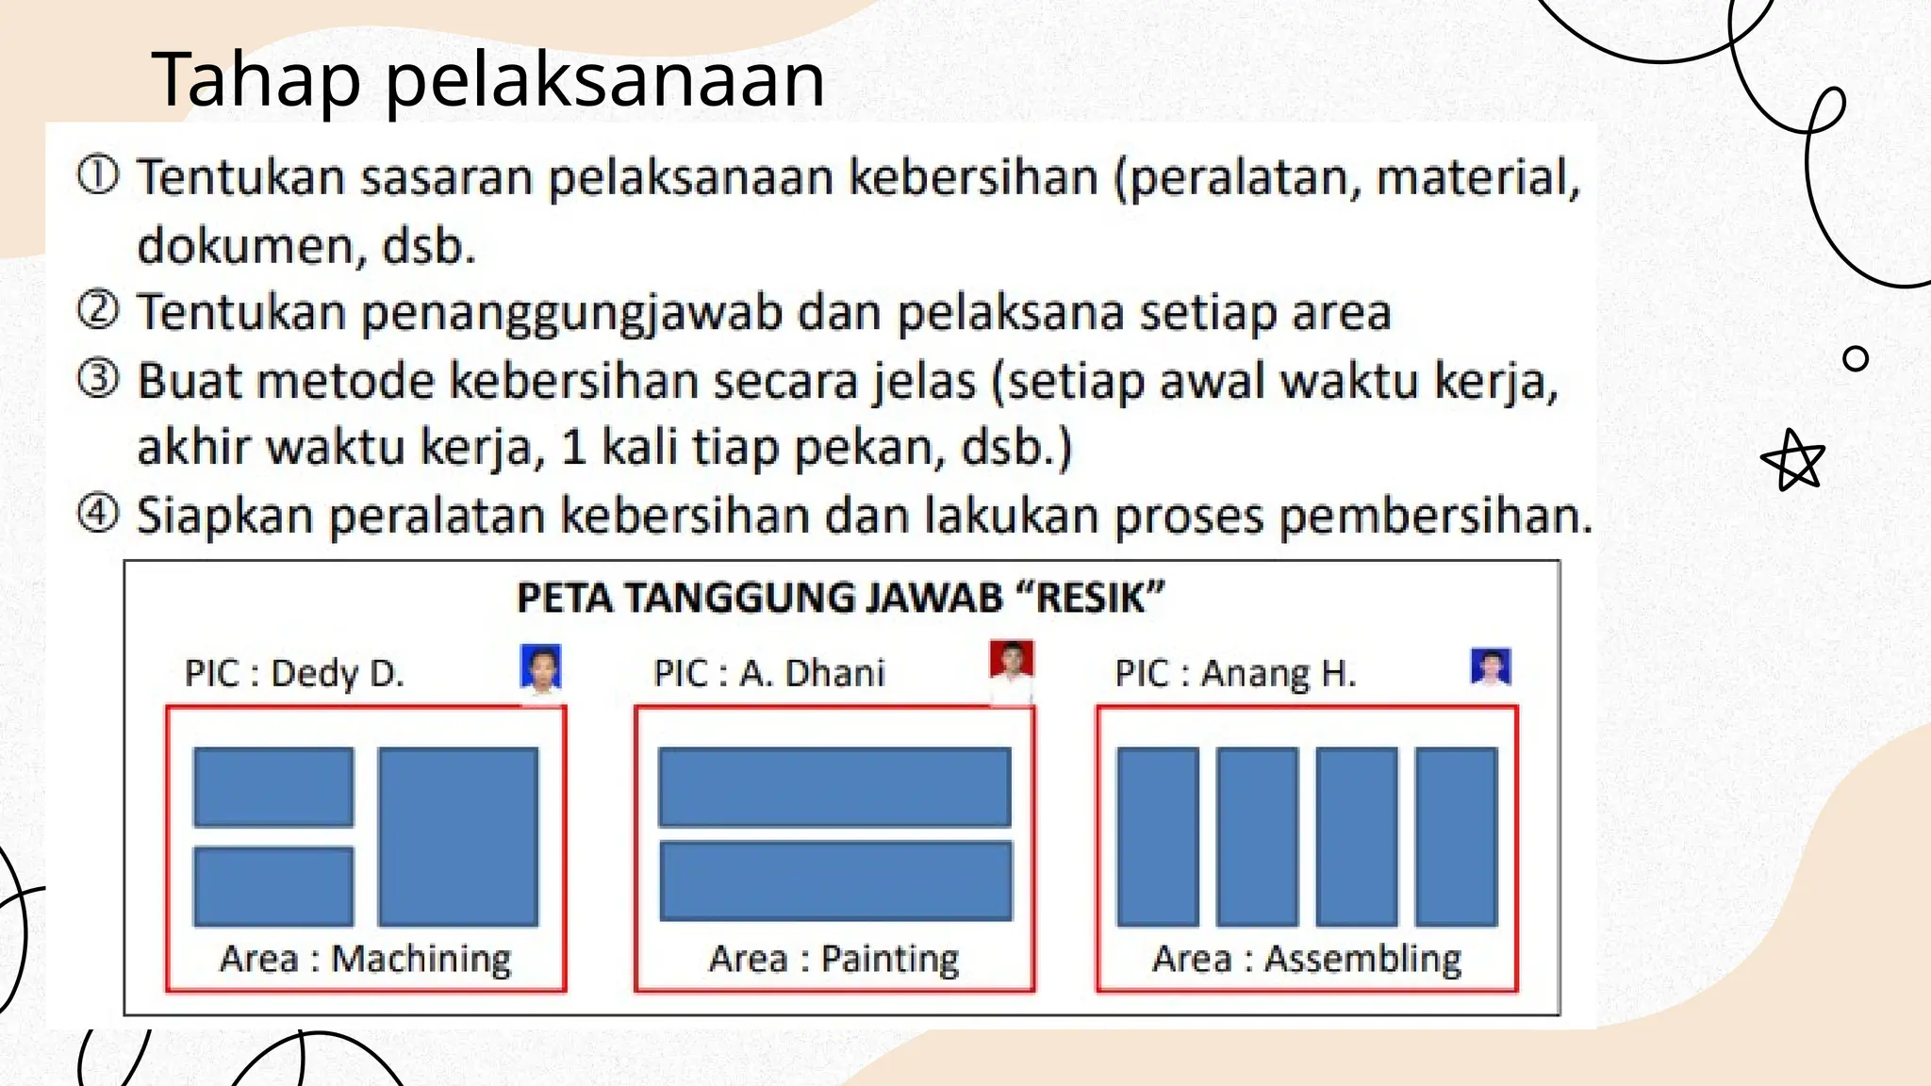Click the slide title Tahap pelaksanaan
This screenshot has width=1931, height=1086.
coord(487,79)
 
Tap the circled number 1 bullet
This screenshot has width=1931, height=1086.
coord(98,175)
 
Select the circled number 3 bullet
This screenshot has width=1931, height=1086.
coord(98,379)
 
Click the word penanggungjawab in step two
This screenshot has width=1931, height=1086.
coord(571,313)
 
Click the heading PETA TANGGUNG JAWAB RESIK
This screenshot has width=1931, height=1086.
coord(840,599)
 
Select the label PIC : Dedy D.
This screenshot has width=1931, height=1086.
coord(294,673)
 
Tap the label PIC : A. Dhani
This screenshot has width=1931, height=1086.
coord(769,673)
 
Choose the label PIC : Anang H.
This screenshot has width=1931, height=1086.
coord(1235,673)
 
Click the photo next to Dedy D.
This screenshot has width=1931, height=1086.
coord(541,669)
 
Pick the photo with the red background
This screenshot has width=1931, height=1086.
coord(1012,664)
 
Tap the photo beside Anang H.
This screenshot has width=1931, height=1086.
coord(1491,667)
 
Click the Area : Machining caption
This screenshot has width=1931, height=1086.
coord(366,959)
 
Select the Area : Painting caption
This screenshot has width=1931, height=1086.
coord(833,959)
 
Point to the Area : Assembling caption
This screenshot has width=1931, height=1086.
coord(1307,959)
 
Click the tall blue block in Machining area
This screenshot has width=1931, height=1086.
coord(458,836)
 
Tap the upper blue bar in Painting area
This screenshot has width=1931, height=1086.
coord(834,786)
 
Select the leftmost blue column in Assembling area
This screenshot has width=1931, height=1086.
coord(1158,836)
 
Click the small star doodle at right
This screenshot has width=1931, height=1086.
coord(1794,461)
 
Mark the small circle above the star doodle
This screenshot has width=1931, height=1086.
coord(1855,358)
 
